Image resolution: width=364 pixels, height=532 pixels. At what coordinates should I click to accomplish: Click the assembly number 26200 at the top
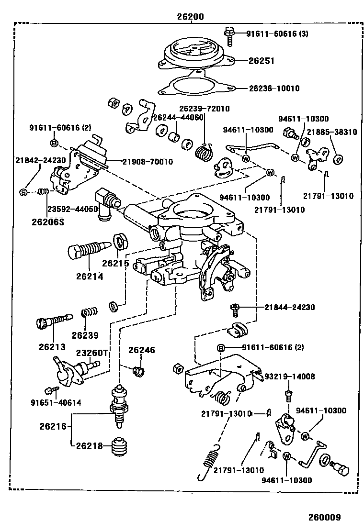(190, 16)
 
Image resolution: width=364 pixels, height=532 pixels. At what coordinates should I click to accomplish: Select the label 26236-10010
(274, 89)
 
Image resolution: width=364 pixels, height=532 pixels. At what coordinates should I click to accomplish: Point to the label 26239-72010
(205, 109)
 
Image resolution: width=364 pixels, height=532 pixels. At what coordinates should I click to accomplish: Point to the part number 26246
(141, 350)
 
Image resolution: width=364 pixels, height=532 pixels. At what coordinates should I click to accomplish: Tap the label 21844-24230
(290, 307)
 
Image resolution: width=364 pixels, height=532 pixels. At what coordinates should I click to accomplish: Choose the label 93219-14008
(290, 377)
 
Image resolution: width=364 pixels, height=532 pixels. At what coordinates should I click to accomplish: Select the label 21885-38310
(331, 132)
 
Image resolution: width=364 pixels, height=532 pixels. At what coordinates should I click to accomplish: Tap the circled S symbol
(23, 192)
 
